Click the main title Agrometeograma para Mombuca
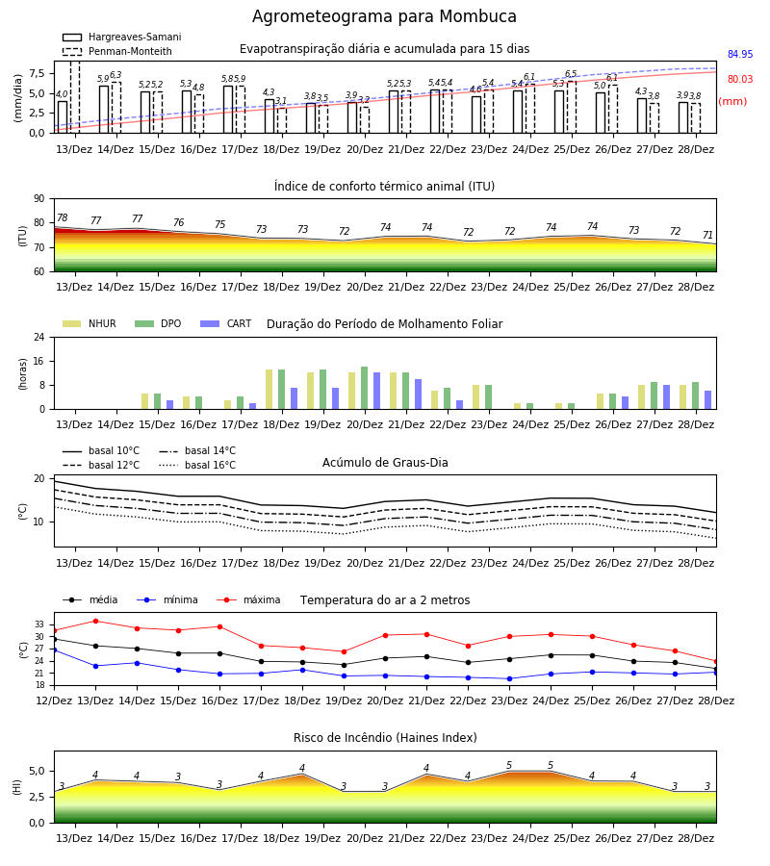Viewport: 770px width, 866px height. coord(384,16)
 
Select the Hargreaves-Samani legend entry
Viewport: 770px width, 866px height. coord(121,37)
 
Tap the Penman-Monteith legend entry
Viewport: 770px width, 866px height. coord(117,51)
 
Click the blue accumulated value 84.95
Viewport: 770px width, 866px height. coord(740,54)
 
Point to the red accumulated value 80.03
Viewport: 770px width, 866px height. coord(740,79)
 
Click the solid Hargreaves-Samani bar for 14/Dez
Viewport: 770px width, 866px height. coord(104,110)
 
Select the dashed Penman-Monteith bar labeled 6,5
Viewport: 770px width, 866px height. coord(572,107)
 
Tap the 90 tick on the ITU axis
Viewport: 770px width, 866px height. coord(39,199)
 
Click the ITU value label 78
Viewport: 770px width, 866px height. coord(63,217)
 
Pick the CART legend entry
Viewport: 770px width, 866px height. coord(226,323)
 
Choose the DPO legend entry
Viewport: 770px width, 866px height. coord(158,323)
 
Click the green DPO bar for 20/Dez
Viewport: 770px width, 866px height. coord(365,388)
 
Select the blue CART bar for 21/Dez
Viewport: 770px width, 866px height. coord(418,395)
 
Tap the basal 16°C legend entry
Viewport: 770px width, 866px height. coord(197,465)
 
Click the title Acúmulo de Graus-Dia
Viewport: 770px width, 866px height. coord(385,462)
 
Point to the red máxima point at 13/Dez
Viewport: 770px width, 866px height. coord(95,621)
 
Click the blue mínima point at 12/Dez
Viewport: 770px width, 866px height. coord(54,650)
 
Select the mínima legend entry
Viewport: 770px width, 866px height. coord(167,599)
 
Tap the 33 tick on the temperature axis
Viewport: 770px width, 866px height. coord(39,624)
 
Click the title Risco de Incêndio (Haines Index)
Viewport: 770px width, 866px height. coord(385,738)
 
